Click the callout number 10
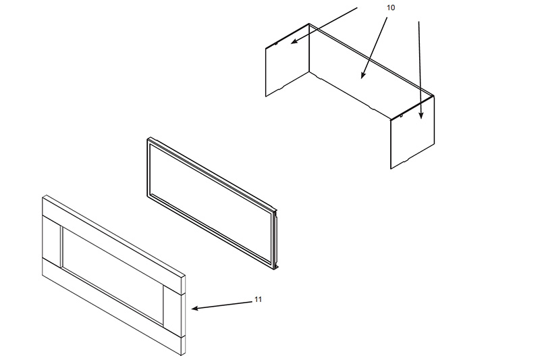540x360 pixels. pyautogui.click(x=391, y=7)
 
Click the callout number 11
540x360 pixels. pyautogui.click(x=258, y=299)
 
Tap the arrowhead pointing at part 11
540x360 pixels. pyautogui.click(x=194, y=308)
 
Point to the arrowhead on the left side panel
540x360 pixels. pyautogui.click(x=294, y=41)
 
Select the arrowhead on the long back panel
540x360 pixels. pyautogui.click(x=362, y=75)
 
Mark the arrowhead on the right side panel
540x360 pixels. pyautogui.click(x=421, y=115)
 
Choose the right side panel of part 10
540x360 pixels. pyautogui.click(x=412, y=132)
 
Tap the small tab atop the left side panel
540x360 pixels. pyautogui.click(x=277, y=43)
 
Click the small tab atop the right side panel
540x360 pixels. pyautogui.click(x=402, y=115)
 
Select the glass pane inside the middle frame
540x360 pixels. pyautogui.click(x=212, y=203)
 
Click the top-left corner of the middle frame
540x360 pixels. pyautogui.click(x=148, y=139)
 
